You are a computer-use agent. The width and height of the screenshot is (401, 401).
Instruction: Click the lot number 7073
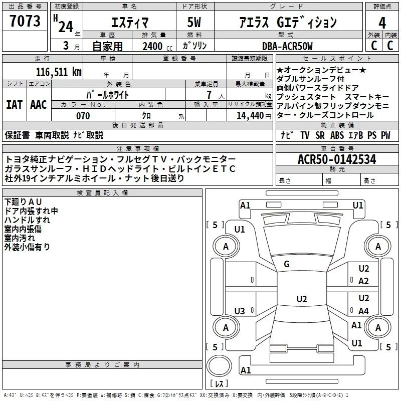coord(25,21)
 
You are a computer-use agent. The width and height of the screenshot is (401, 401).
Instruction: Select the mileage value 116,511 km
coord(59,72)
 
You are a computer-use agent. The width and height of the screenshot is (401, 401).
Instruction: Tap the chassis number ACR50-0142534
coord(337,159)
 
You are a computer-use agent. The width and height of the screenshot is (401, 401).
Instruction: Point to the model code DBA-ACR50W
coord(287,46)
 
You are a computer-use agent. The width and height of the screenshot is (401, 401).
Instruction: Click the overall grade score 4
coord(382,23)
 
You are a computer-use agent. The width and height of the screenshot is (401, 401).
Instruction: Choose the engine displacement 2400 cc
coord(157,46)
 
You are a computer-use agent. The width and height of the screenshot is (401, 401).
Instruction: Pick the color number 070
coord(83,116)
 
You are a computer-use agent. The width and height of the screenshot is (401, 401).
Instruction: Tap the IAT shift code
coord(15,105)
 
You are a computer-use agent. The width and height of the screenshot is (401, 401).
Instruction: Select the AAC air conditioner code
coord(39,105)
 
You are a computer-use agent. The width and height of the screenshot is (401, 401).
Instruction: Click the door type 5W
coord(194,22)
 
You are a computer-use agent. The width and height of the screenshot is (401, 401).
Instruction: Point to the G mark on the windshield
coord(287,264)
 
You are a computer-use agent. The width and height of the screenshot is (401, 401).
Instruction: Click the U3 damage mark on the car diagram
coord(240,311)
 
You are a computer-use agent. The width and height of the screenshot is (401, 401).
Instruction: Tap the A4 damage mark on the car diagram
coord(363,311)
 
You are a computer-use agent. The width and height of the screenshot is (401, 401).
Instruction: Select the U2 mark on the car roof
coord(302,299)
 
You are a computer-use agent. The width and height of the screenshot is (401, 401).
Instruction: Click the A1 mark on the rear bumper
coord(246,370)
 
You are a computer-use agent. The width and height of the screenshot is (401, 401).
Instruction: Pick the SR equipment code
coord(320,135)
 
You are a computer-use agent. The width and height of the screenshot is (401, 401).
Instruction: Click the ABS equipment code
coord(337,135)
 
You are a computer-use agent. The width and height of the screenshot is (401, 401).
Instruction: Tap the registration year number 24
coord(66,27)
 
